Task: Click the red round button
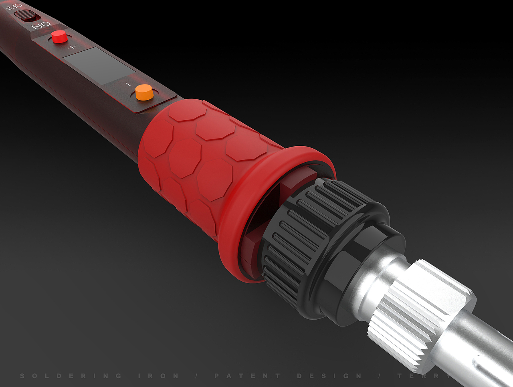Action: coord(59,36)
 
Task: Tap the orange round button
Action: coord(144,93)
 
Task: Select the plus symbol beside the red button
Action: coord(72,48)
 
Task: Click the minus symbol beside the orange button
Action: coord(128,85)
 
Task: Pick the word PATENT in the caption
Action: coord(247,376)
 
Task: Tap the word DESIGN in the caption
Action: coord(329,376)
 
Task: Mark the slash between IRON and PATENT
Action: coord(196,376)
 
